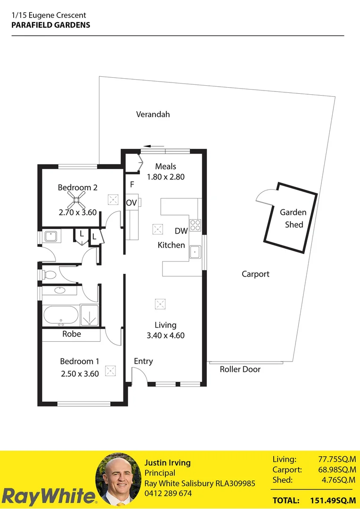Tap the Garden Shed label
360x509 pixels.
tap(293, 218)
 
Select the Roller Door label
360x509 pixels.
tap(240, 369)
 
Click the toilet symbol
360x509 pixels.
tap(49, 274)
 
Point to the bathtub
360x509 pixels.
tap(60, 315)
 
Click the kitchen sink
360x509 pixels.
tap(196, 253)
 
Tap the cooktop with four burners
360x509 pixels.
tap(196, 225)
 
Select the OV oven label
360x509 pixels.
tap(131, 203)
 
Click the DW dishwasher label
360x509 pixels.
tap(181, 231)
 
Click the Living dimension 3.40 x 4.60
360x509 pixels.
tap(165, 336)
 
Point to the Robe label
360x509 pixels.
tap(72, 334)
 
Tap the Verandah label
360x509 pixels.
tap(153, 115)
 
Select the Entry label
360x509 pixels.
tap(143, 361)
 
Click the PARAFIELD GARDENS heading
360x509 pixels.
tap(50, 25)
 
